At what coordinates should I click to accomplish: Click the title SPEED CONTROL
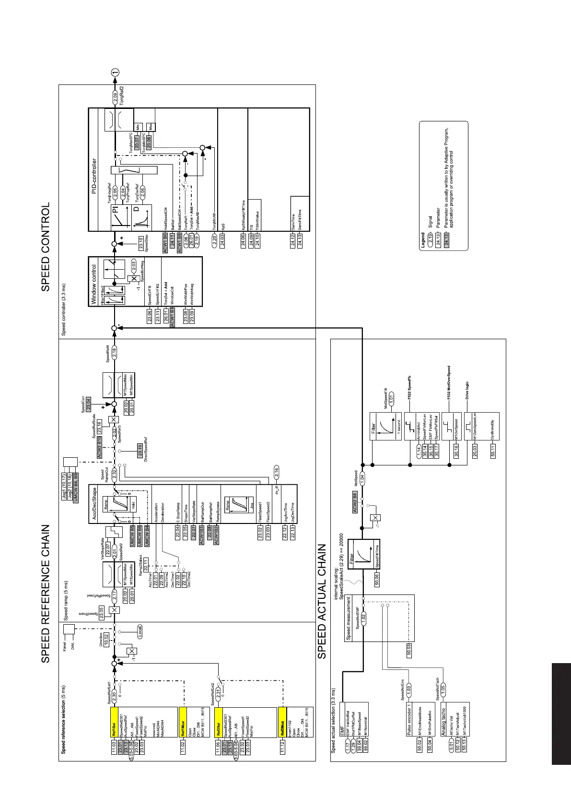46,247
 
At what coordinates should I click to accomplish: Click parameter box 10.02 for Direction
106,639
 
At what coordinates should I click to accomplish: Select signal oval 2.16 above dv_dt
276,472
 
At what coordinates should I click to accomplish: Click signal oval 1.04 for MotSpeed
362,477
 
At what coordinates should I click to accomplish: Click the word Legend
423,238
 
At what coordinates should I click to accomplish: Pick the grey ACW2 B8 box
355,501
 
